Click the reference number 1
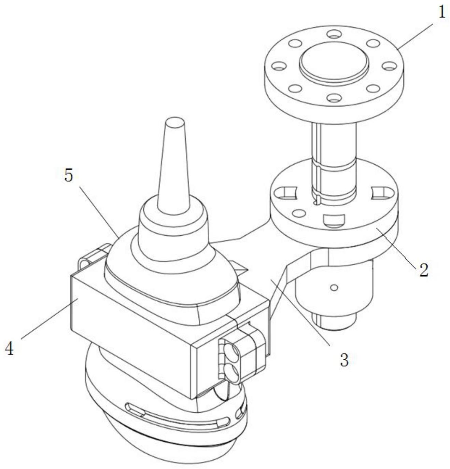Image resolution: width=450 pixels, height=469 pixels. (442, 13)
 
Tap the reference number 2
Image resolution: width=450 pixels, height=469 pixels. (423, 270)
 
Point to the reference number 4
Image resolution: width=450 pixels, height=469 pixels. (9, 348)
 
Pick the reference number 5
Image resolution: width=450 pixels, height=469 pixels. (69, 175)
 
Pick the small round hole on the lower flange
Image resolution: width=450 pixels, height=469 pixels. (299, 213)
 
